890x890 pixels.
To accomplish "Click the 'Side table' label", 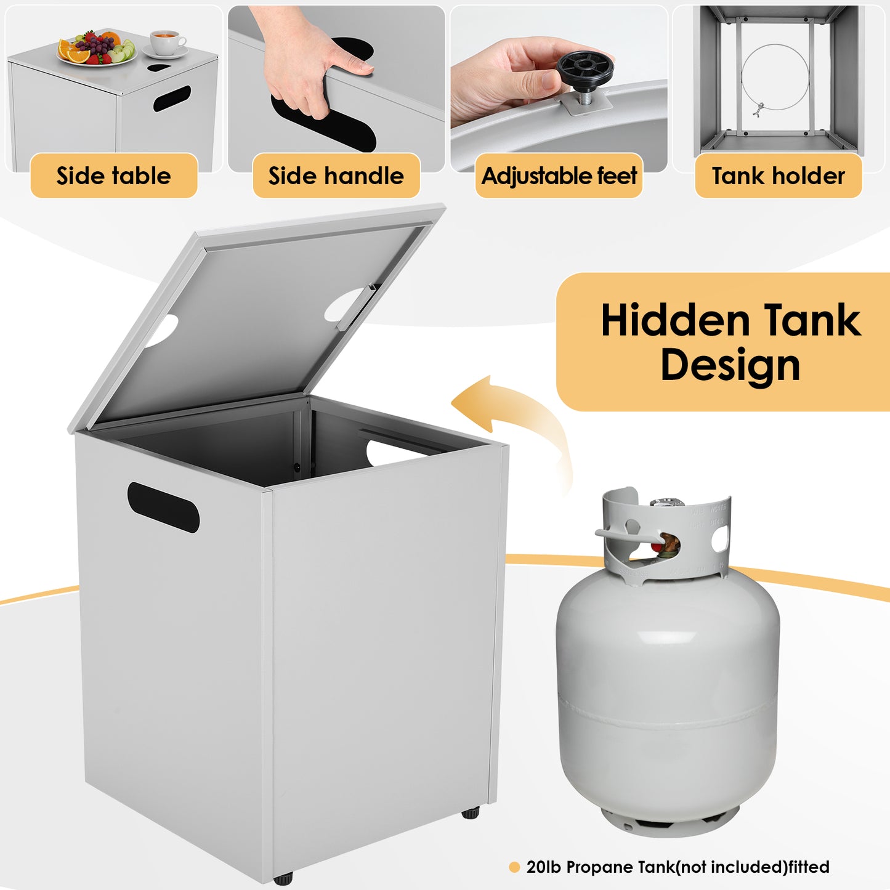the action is (113, 176).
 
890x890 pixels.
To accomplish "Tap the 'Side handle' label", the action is (336, 176).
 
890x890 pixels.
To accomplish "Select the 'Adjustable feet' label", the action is (559, 176).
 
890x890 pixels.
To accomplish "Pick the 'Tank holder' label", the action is (779, 176).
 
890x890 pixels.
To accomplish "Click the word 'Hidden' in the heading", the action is (675, 320).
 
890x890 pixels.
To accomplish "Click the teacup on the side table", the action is (167, 42).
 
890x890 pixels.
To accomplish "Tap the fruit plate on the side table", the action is (97, 49).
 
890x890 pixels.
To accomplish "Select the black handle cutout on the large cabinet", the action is (163, 507).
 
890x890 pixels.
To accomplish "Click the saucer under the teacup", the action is (165, 52).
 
